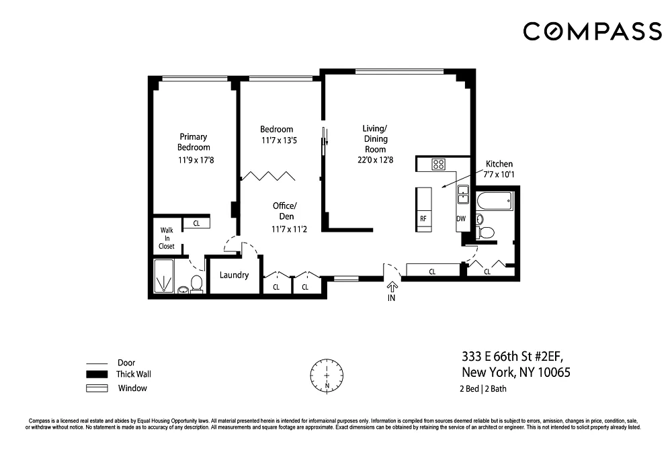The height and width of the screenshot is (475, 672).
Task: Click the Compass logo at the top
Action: pyautogui.click(x=592, y=32)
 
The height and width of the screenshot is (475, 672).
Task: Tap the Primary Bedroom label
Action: pyautogui.click(x=194, y=142)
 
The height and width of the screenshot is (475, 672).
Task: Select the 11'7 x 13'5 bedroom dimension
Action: pyautogui.click(x=279, y=140)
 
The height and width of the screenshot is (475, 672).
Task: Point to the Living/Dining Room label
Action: pyautogui.click(x=375, y=139)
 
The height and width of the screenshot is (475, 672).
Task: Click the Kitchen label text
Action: pyautogui.click(x=499, y=164)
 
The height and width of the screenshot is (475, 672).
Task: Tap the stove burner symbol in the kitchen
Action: pyautogui.click(x=438, y=164)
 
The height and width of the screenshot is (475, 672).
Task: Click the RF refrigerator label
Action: pyautogui.click(x=423, y=218)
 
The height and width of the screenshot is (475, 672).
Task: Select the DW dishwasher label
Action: pyautogui.click(x=461, y=218)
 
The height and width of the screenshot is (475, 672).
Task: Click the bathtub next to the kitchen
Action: pyautogui.click(x=494, y=201)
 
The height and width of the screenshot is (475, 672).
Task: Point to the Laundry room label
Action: pyautogui.click(x=234, y=275)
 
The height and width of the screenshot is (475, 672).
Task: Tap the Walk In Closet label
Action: pyautogui.click(x=167, y=238)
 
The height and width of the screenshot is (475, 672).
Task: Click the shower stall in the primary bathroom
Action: pyautogui.click(x=164, y=276)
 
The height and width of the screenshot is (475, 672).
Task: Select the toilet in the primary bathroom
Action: pyautogui.click(x=196, y=284)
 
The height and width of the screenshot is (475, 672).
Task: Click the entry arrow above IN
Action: pyautogui.click(x=392, y=286)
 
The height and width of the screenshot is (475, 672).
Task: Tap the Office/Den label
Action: pyautogui.click(x=285, y=211)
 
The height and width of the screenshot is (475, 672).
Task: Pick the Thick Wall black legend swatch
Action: pyautogui.click(x=97, y=374)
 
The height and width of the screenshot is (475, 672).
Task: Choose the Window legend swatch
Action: pyautogui.click(x=97, y=388)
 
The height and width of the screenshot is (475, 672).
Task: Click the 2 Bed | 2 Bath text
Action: pyautogui.click(x=483, y=389)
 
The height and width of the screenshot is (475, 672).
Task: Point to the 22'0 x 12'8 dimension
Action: pyautogui.click(x=376, y=160)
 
